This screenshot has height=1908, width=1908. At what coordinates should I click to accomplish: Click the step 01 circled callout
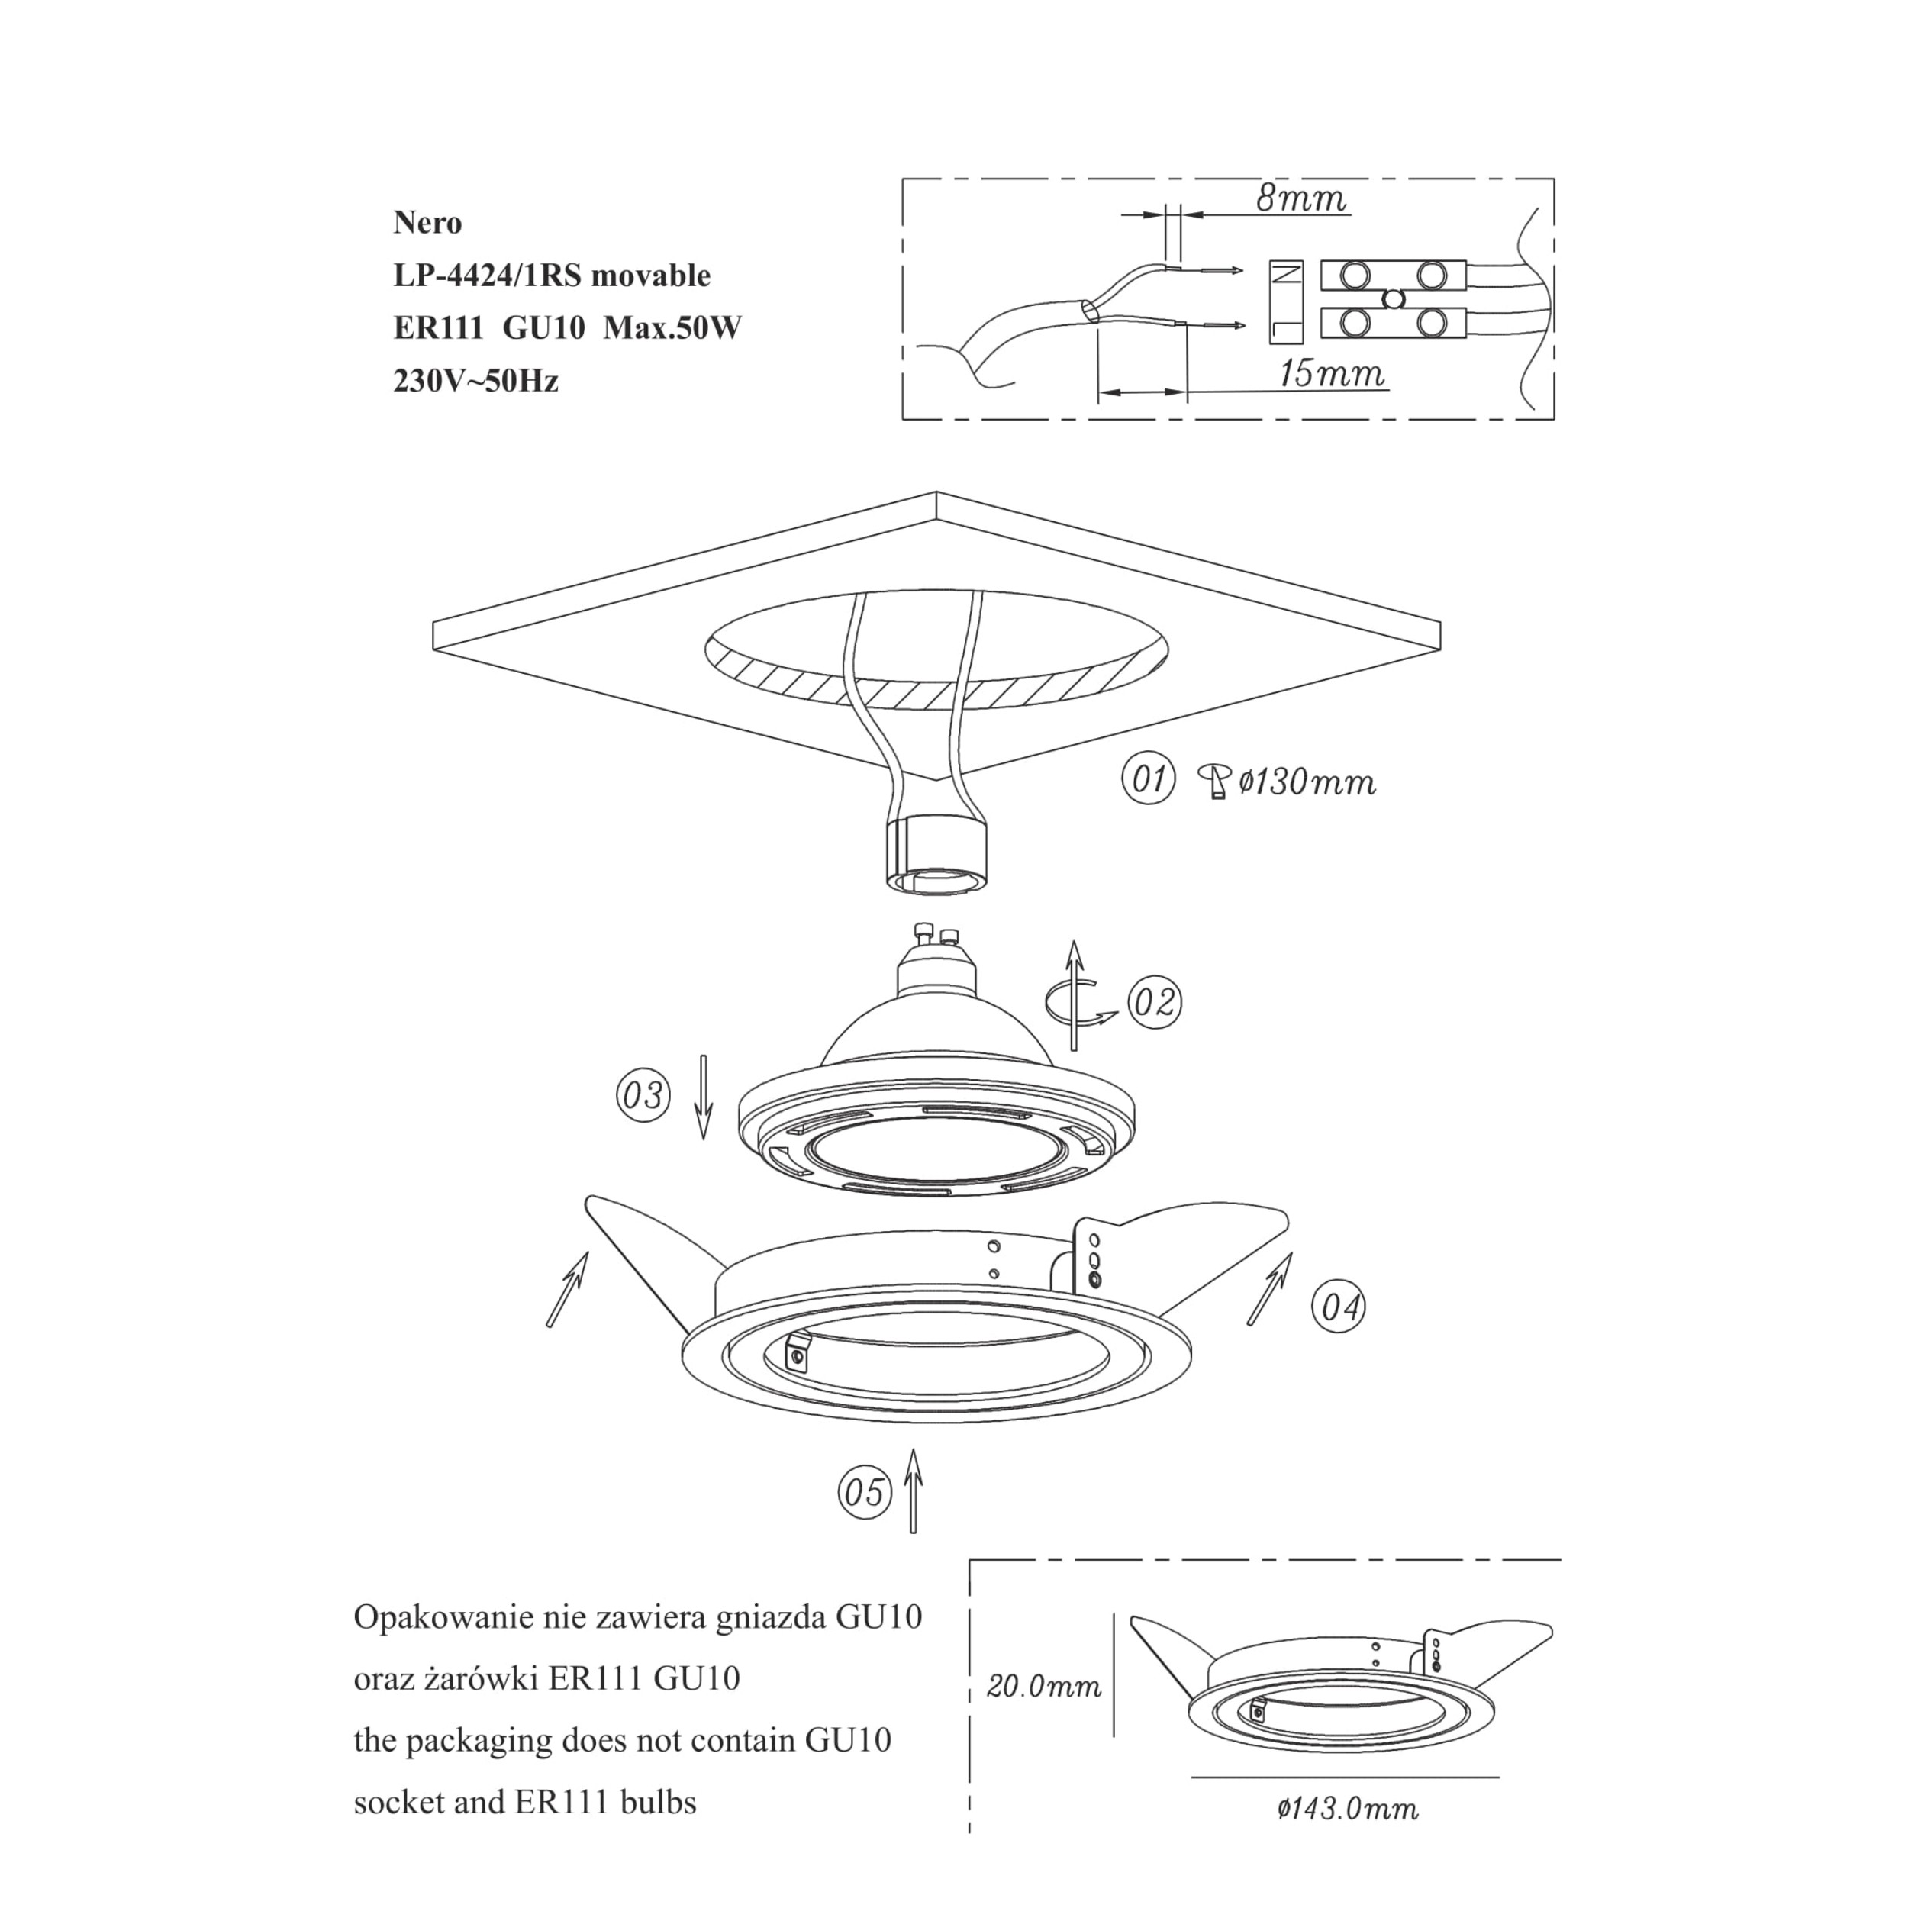click(x=1148, y=779)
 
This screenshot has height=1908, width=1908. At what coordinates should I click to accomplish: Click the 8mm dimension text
click(x=1300, y=198)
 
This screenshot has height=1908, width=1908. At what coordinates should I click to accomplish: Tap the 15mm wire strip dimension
click(x=1331, y=373)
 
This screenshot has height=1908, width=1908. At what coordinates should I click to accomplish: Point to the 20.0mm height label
click(x=1044, y=1685)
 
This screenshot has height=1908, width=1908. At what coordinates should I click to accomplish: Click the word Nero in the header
click(x=427, y=223)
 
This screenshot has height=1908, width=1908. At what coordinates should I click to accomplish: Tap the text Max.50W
click(x=672, y=328)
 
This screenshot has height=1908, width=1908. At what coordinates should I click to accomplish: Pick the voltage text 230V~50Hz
click(x=476, y=381)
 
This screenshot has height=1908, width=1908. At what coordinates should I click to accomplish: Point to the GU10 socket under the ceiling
click(x=937, y=853)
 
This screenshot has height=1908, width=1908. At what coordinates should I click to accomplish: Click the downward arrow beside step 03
click(x=703, y=1097)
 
